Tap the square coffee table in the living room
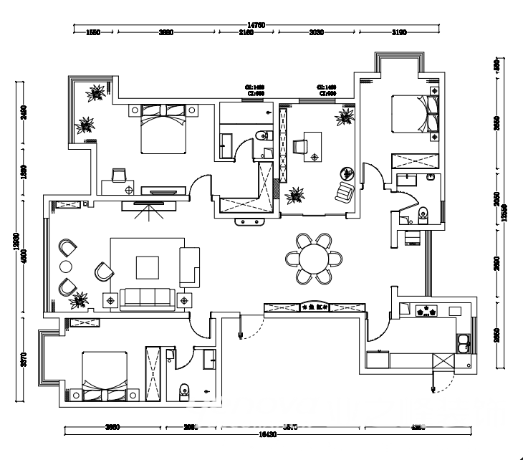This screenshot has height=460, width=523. click(x=148, y=267)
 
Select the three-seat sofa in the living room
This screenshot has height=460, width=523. click(x=146, y=297)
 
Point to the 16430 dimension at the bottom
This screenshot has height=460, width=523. click(x=267, y=434)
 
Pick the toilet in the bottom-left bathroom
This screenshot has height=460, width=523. click(x=183, y=390)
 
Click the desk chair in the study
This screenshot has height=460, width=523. click(x=298, y=146)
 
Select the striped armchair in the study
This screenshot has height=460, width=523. click(x=345, y=192)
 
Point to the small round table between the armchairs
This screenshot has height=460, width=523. click(x=66, y=267)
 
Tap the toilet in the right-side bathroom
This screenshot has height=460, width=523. click(x=423, y=213)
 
